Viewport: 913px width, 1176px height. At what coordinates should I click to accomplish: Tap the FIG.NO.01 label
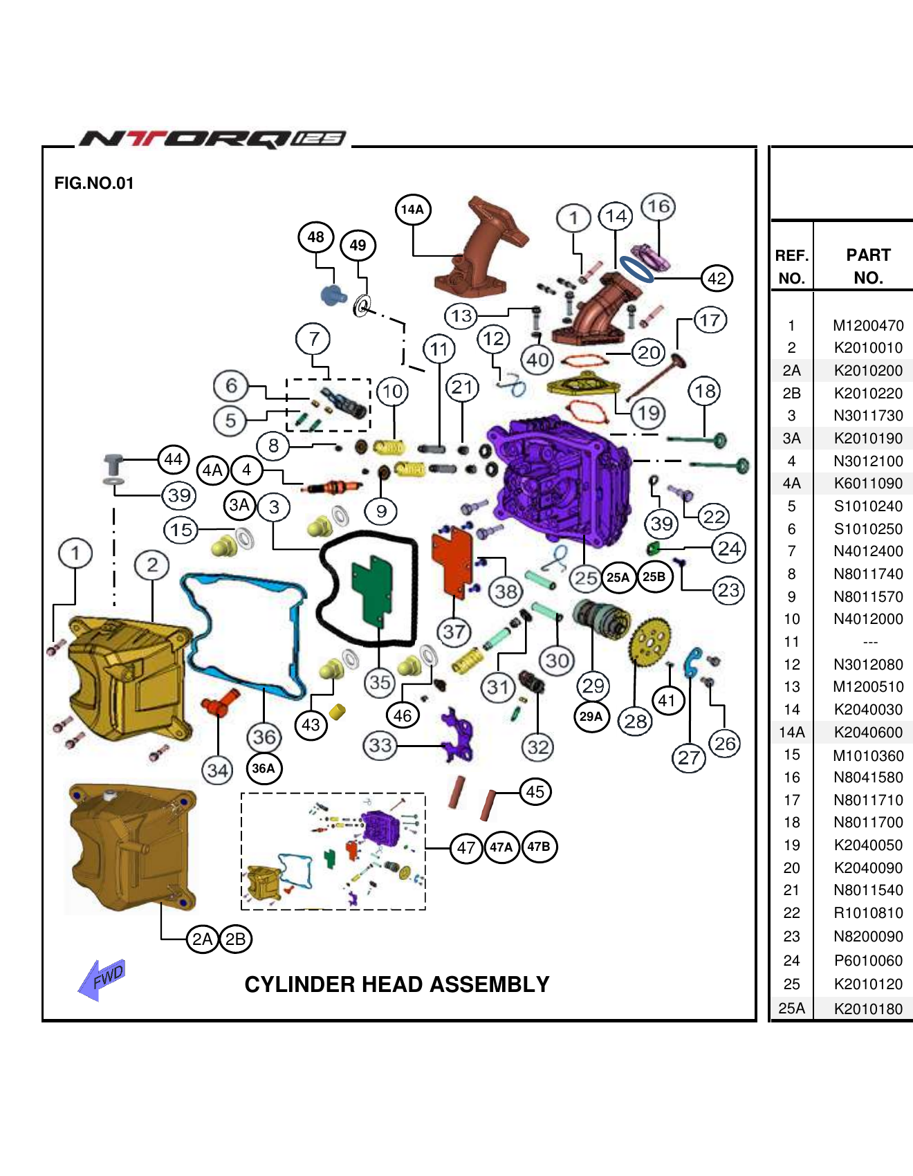tap(94, 183)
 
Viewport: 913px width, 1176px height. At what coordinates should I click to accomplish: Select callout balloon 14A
tap(413, 209)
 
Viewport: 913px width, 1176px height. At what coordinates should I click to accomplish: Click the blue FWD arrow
tap(102, 978)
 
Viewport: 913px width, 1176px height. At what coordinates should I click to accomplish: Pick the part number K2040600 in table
tap(868, 732)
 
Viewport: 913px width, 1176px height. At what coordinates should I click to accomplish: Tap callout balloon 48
tap(316, 237)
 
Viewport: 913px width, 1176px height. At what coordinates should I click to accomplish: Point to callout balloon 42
tap(717, 278)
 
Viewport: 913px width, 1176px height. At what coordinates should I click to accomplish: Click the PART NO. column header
tap(868, 266)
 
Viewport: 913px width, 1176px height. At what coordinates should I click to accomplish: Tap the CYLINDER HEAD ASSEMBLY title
tap(397, 984)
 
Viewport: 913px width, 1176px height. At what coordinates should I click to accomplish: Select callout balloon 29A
tap(591, 716)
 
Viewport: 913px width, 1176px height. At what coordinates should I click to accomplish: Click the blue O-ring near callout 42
tap(636, 269)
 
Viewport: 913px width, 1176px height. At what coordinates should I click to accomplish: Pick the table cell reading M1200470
tap(868, 325)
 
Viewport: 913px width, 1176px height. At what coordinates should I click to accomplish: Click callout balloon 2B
tap(235, 939)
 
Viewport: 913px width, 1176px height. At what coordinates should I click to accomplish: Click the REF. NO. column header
tap(792, 266)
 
